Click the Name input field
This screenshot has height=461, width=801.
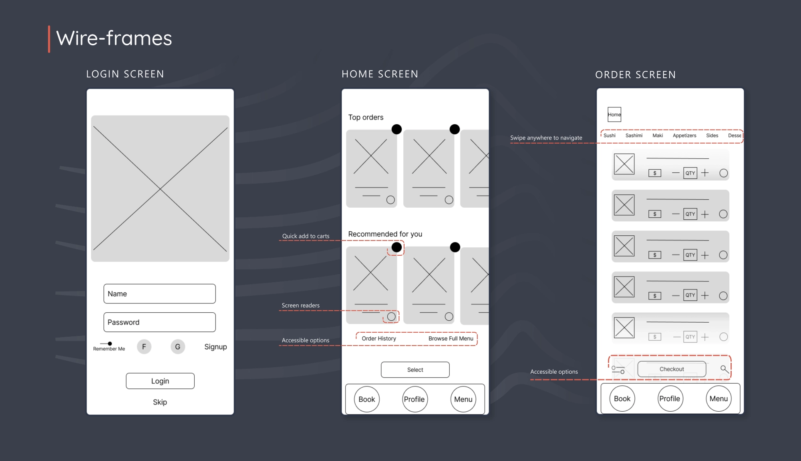click(x=159, y=294)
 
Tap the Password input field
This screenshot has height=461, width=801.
click(x=159, y=322)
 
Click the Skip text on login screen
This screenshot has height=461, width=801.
click(x=160, y=402)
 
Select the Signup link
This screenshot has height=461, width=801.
click(x=215, y=347)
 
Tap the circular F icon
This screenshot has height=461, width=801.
click(x=144, y=347)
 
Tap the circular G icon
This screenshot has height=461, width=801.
click(x=178, y=347)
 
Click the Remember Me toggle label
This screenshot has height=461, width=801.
click(x=109, y=349)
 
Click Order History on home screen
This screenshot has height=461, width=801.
click(x=379, y=338)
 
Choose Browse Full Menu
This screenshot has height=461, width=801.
click(x=451, y=338)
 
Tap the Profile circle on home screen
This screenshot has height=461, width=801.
click(x=415, y=399)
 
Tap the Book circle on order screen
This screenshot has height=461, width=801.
click(x=622, y=399)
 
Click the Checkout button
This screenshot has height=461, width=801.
click(x=672, y=369)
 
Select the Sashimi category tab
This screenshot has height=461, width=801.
click(x=634, y=135)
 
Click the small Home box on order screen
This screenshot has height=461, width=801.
click(x=614, y=115)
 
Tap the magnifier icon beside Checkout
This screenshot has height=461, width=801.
click(x=724, y=369)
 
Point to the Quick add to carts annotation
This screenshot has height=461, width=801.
click(x=306, y=236)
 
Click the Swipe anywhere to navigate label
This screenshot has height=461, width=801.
click(x=546, y=138)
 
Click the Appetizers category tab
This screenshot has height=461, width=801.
click(x=684, y=135)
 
